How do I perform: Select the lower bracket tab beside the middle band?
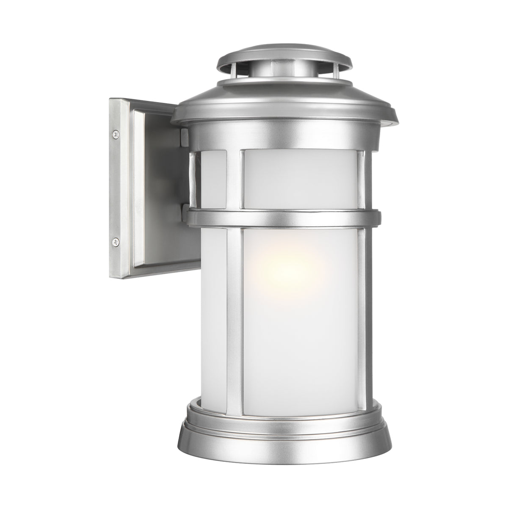183,210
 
